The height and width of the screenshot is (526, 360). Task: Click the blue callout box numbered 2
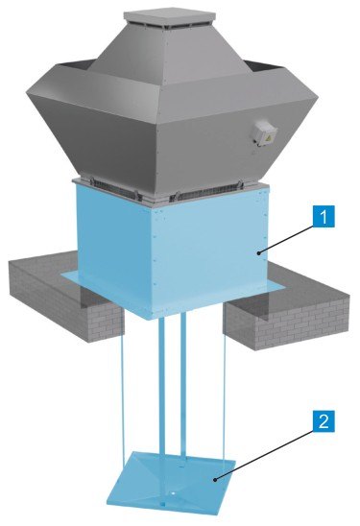point(324,421)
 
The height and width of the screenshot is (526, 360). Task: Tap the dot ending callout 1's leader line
point(259,253)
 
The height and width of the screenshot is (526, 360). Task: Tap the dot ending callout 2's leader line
point(217,479)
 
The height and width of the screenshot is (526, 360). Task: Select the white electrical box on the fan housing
point(265,133)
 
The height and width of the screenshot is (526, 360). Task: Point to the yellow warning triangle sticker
point(269,138)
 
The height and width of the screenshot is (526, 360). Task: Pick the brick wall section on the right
point(285,307)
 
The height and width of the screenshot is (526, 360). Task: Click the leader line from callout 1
point(286,240)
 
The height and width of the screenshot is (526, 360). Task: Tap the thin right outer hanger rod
point(224,391)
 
